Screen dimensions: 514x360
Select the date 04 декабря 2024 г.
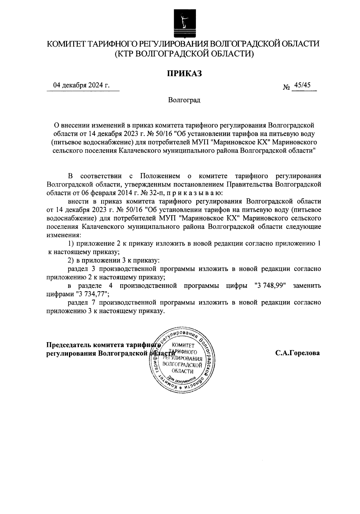[81, 85]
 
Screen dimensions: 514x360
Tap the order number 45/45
[302, 85]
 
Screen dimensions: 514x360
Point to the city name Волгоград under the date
[184, 100]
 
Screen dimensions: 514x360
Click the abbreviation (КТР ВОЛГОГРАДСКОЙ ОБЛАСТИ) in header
[184, 54]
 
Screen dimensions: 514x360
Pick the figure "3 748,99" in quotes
[269, 286]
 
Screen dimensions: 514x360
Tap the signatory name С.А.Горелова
[298, 353]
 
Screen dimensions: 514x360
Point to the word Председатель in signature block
[68, 345]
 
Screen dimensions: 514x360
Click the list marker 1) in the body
[71, 244]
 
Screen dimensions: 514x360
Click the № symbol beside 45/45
[286, 88]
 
